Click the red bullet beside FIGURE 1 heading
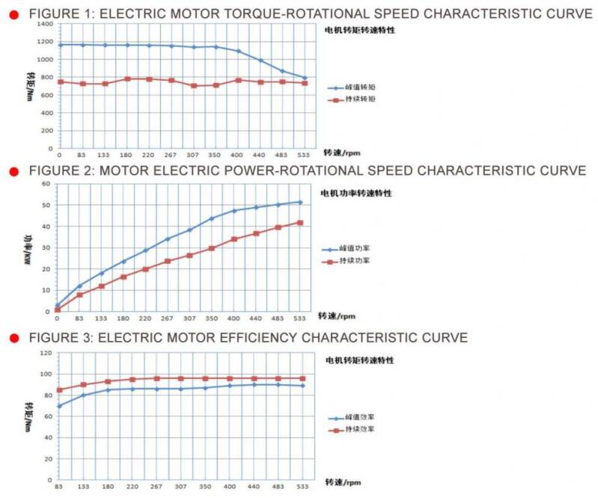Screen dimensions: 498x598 (13, 13)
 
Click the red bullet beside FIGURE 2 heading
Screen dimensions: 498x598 (13, 171)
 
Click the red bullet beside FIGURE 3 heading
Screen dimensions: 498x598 (13, 339)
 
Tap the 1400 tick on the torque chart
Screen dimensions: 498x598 (43, 24)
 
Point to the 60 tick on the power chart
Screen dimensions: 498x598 (46, 184)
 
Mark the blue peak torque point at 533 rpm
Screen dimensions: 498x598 (304, 77)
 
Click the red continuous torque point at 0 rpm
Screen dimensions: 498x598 (60, 82)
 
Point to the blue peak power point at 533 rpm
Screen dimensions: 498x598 (301, 202)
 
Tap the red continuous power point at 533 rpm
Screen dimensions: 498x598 (301, 223)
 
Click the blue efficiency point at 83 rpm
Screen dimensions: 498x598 (59, 406)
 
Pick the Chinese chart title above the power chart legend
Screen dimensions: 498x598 (356, 193)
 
